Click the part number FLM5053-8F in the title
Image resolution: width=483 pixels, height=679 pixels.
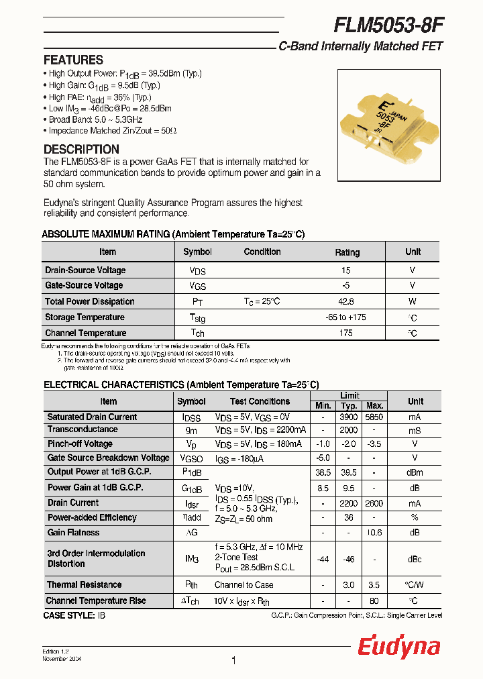(x=388, y=24)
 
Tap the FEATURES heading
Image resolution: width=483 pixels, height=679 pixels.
(x=73, y=60)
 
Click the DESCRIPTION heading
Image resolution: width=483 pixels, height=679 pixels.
(x=81, y=149)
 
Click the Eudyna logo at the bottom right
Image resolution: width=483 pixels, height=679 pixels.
(x=398, y=647)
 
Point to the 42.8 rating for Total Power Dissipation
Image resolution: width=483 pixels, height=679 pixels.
(x=346, y=302)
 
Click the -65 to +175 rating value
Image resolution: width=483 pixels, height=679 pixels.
(x=346, y=317)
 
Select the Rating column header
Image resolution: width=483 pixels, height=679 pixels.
(x=347, y=252)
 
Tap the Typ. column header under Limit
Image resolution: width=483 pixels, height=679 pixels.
(x=349, y=406)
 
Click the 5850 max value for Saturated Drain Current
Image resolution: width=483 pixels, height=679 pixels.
(x=374, y=417)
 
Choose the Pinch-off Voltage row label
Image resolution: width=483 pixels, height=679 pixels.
(x=80, y=443)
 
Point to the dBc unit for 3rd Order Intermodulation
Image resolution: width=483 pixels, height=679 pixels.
(x=415, y=558)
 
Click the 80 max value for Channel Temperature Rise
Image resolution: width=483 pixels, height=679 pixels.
(x=374, y=600)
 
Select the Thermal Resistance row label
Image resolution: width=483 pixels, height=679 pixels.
(x=85, y=585)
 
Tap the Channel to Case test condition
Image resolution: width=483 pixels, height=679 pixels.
(x=244, y=585)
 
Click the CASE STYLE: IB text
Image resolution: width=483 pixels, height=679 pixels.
(x=74, y=615)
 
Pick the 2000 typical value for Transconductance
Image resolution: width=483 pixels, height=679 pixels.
(x=349, y=429)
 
